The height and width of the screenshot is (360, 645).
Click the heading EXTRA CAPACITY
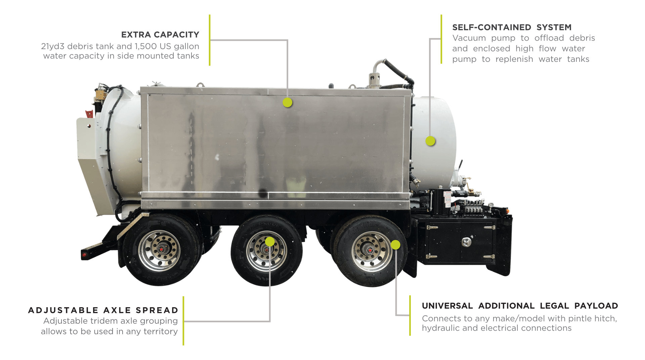coord(160,35)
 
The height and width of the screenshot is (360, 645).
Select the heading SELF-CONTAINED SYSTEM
coord(512,27)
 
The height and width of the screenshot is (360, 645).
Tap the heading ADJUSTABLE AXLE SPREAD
coord(103,310)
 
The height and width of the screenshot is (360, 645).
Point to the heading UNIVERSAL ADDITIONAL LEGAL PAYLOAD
coord(520,306)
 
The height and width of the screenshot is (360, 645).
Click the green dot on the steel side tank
coord(287,103)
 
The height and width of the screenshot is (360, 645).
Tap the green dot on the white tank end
coord(430,141)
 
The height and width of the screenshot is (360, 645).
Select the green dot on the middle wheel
coord(270,242)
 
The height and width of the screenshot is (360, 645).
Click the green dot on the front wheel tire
coord(396,245)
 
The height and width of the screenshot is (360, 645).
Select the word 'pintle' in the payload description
coord(569,318)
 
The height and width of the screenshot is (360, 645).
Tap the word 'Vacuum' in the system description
coord(469,38)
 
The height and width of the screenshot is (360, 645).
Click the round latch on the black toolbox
coord(466,242)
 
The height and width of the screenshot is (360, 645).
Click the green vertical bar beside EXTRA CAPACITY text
coord(210,40)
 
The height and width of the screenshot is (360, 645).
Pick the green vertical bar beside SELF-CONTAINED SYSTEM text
coord(441,39)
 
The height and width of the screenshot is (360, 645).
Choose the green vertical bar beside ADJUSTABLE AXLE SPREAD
coord(183,321)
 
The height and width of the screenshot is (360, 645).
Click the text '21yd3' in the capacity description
coord(53,46)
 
